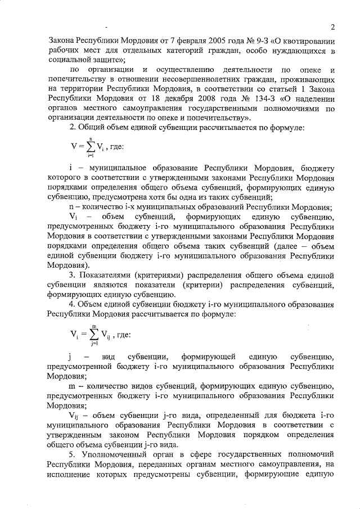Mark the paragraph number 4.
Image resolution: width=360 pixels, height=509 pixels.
71,304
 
